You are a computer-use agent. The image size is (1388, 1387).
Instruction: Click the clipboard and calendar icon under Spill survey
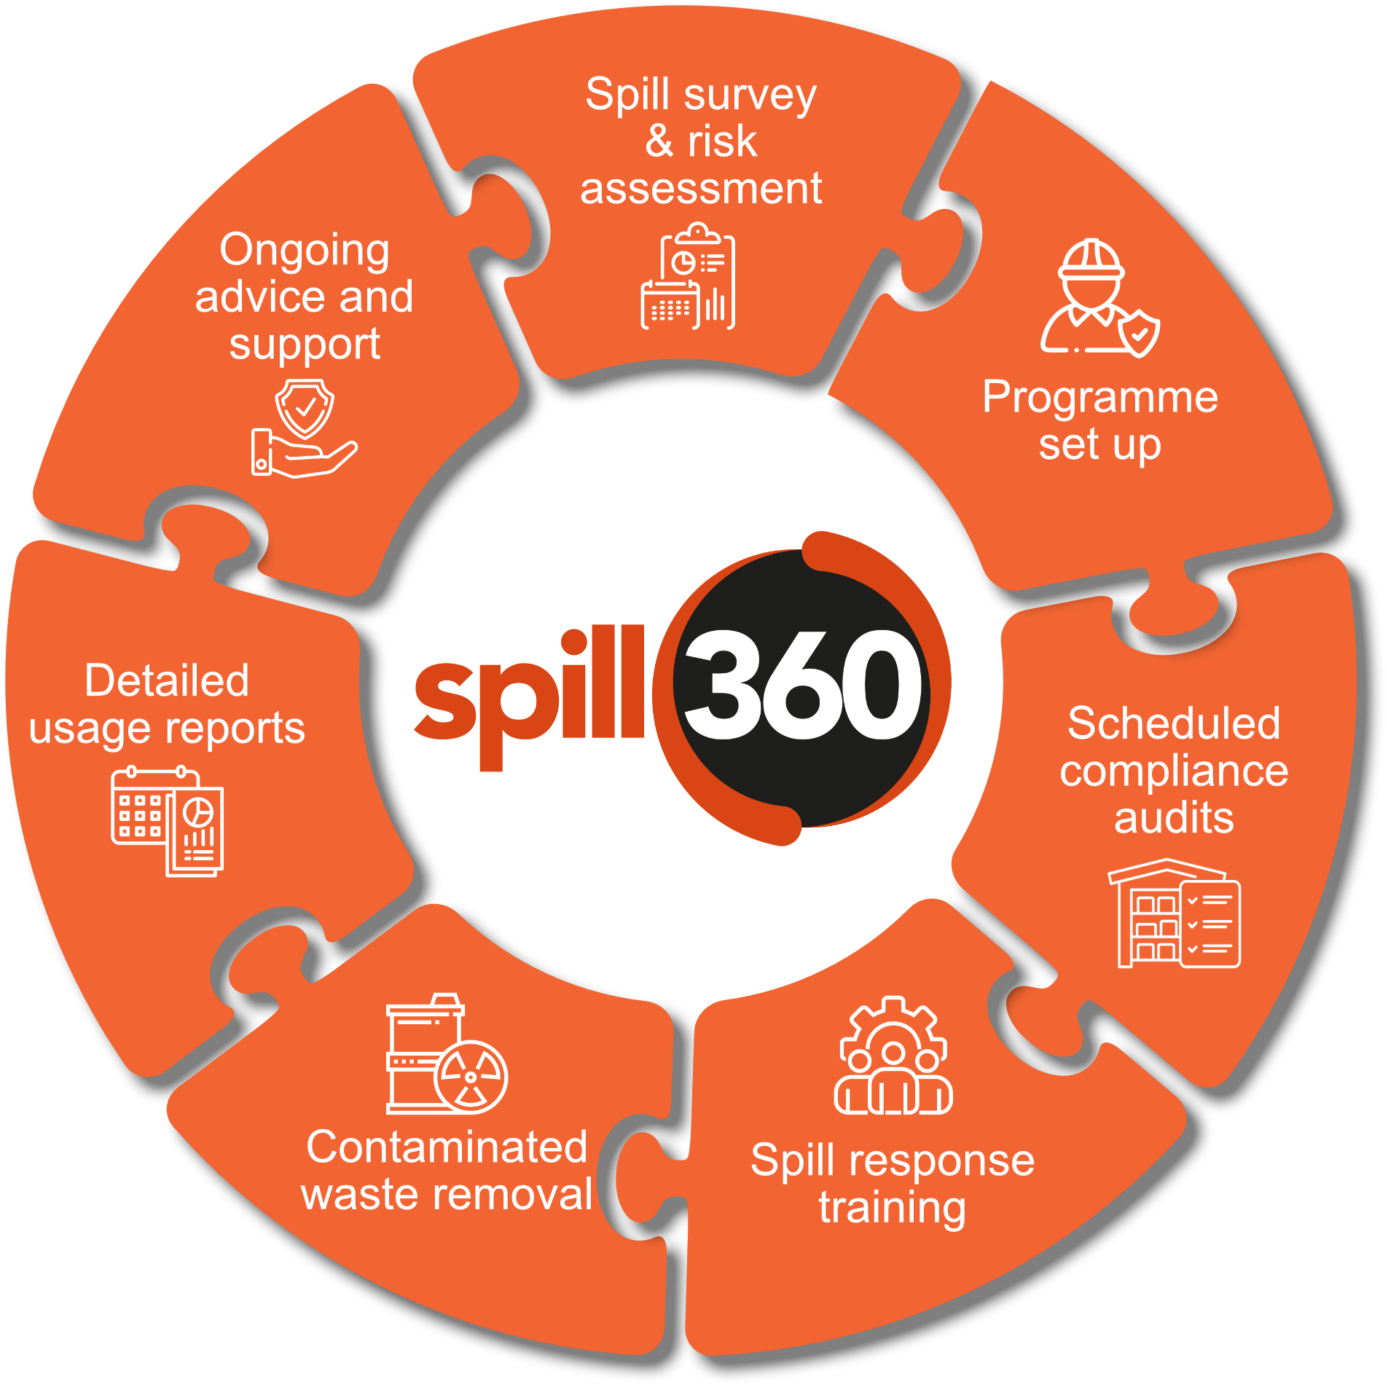[x=687, y=276]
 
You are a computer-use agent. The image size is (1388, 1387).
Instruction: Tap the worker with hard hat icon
[x=1099, y=298]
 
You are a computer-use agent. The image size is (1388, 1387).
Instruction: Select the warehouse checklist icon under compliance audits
[x=1173, y=913]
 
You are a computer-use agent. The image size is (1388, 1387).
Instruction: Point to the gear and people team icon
[x=893, y=1056]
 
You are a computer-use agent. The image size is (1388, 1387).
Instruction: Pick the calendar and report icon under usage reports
[x=167, y=821]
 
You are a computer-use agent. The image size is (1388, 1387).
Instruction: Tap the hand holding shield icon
[x=304, y=428]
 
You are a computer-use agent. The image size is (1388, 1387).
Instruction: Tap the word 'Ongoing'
[x=305, y=252]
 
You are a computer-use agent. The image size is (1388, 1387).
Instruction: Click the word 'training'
[x=893, y=1209]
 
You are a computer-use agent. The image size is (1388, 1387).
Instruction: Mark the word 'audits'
[x=1174, y=817]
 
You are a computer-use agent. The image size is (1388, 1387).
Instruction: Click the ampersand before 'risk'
[x=659, y=141]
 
